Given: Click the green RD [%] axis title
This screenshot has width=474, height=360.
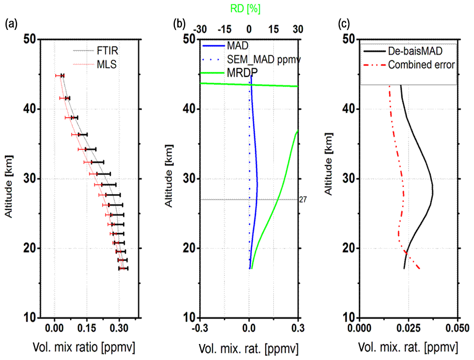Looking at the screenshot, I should [x=249, y=9].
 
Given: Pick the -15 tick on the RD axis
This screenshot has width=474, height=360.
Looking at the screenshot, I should [x=224, y=29].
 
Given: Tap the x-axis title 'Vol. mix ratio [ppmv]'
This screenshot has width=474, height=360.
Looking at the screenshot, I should [x=84, y=347].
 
